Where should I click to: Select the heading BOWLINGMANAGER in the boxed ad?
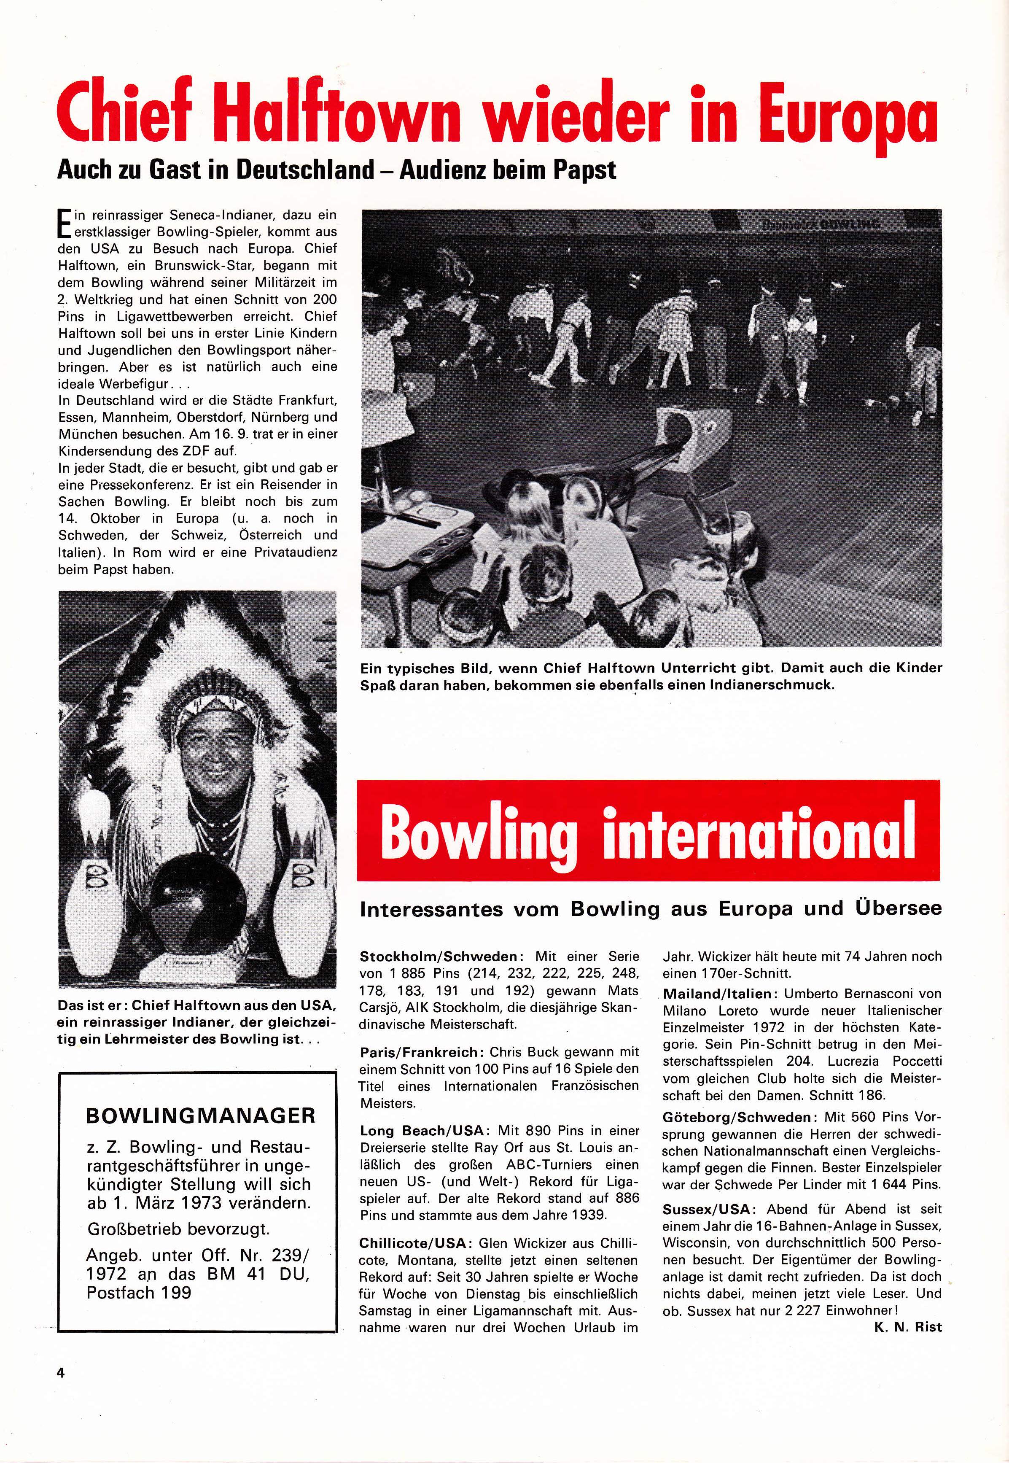200,1115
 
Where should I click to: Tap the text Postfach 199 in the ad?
138,1292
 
